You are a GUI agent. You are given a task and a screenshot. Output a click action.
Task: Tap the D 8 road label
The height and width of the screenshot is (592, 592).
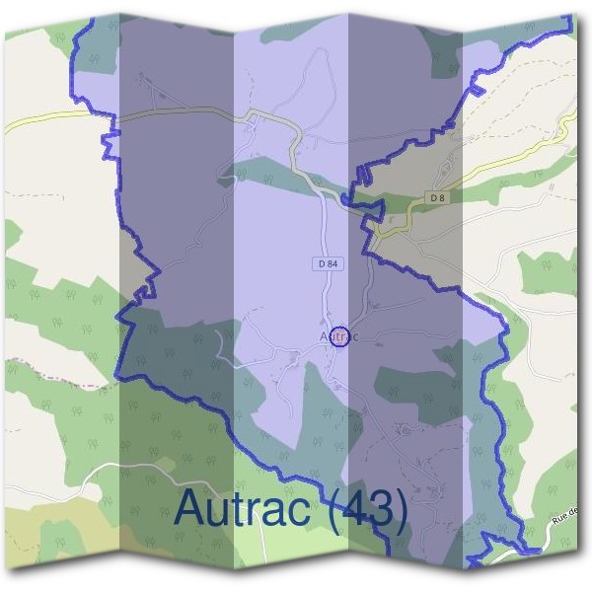[x=439, y=198]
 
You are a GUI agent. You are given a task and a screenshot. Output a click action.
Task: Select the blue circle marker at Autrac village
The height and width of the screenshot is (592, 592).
[x=339, y=336]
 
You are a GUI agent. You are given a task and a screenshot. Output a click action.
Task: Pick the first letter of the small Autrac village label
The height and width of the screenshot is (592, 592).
[x=324, y=336]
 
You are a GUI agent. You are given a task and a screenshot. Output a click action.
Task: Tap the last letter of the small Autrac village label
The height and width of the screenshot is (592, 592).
[x=354, y=337]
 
